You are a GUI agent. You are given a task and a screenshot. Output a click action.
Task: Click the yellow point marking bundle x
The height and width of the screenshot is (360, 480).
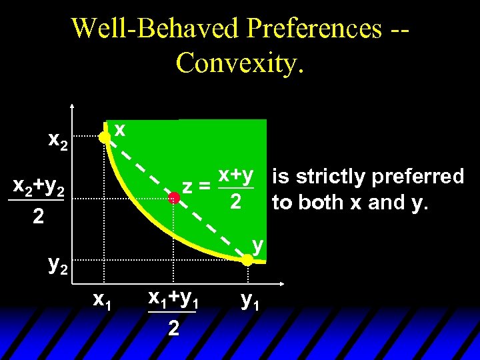point(104,138)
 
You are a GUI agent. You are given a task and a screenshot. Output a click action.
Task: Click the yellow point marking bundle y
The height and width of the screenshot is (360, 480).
point(247,261)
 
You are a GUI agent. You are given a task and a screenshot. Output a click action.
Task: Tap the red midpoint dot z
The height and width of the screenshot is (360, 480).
point(174,197)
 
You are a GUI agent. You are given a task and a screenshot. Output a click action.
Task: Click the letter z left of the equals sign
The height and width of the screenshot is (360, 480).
point(189,187)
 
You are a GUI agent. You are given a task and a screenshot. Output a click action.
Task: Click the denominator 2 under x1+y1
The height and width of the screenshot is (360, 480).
point(173,328)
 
